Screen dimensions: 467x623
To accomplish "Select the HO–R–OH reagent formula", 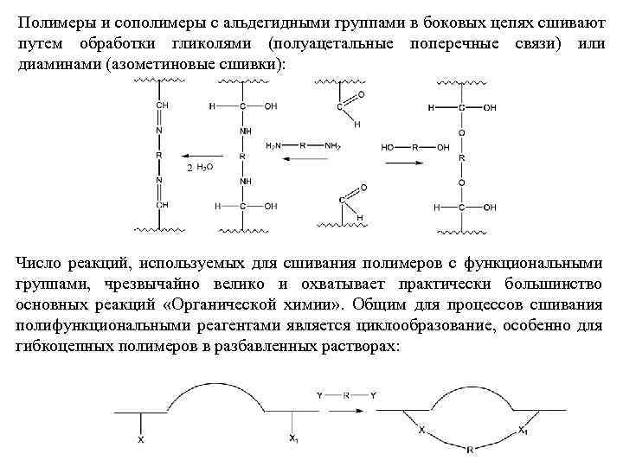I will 415,147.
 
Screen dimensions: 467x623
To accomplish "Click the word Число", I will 40,262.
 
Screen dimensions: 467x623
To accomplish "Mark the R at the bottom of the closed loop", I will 470,450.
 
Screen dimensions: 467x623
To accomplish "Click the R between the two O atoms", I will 463,158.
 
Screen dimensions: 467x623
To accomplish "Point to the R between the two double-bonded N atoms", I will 159,156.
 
